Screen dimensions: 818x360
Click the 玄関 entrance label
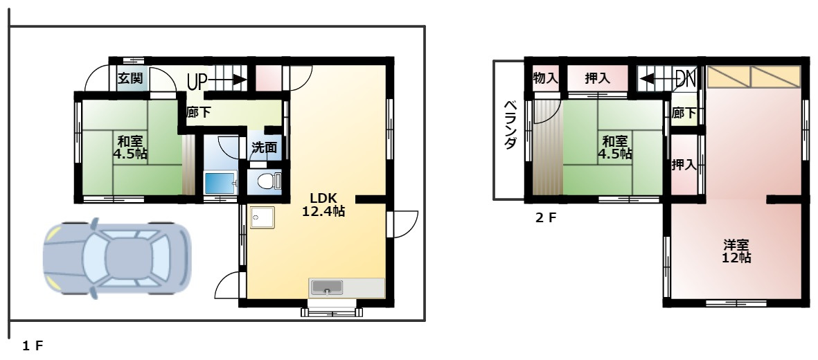[130, 79]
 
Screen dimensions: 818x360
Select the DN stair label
[686, 79]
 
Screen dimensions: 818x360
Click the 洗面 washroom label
[264, 147]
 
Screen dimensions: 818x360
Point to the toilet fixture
[269, 181]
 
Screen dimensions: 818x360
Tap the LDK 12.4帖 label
[323, 204]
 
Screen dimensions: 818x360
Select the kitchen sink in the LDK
[326, 287]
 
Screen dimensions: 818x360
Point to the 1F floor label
[33, 345]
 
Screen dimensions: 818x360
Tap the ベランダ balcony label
[510, 125]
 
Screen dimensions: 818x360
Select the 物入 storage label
[545, 79]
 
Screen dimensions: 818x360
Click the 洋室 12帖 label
[737, 251]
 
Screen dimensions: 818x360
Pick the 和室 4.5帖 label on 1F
[130, 147]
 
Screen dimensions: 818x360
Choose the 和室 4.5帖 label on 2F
[616, 147]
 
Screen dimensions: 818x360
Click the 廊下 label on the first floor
[199, 112]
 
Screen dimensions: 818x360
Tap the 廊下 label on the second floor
[684, 113]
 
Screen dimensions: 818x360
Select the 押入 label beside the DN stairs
[597, 79]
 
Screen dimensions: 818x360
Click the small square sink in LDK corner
[262, 217]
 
